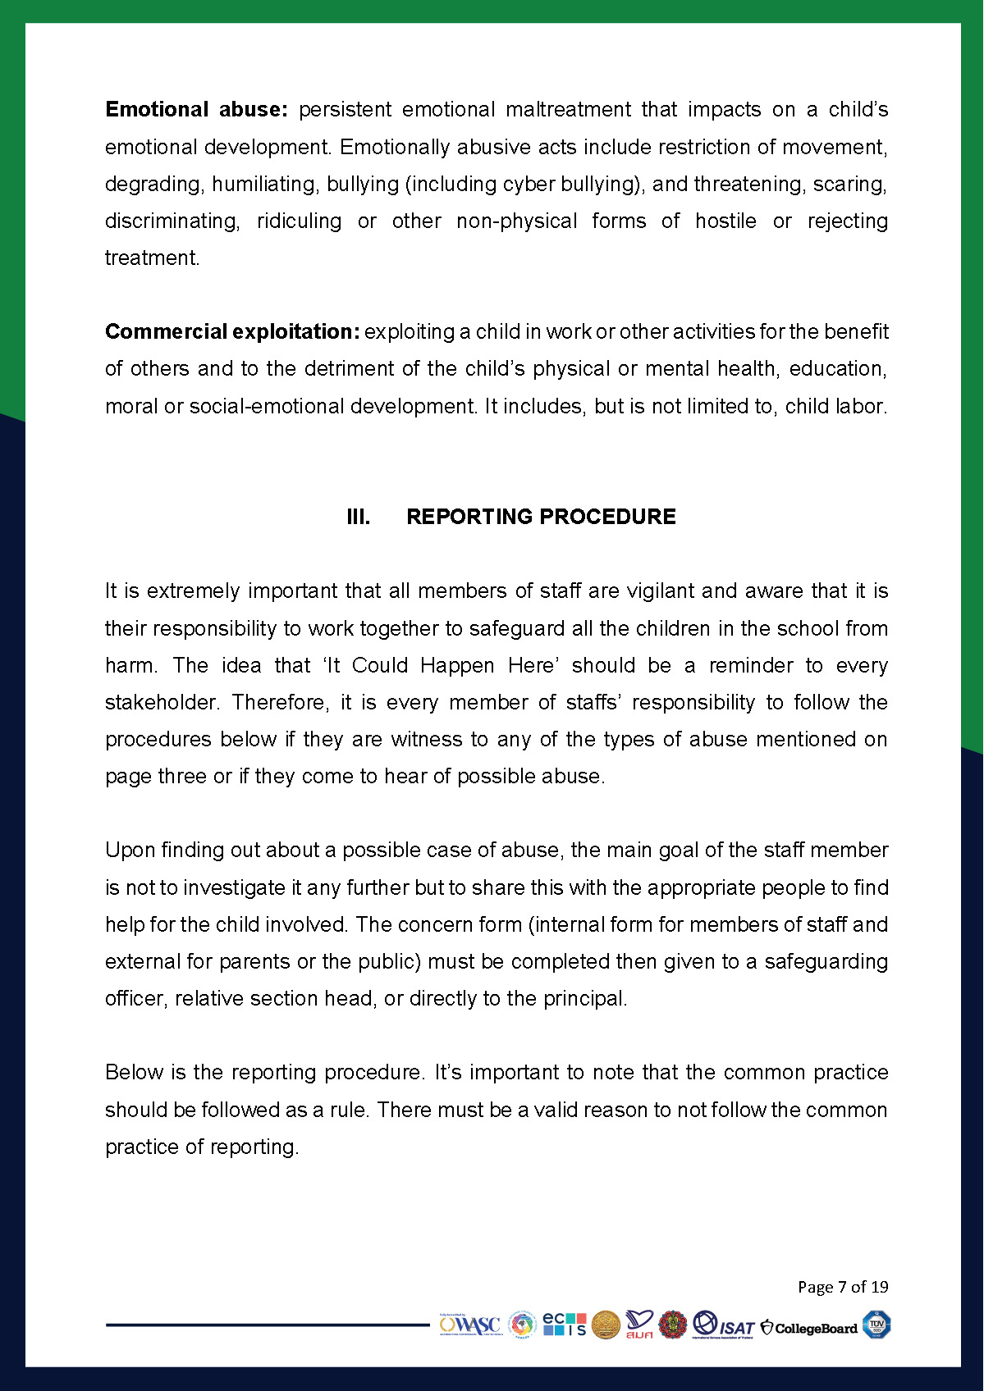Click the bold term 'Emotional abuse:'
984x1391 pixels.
point(196,110)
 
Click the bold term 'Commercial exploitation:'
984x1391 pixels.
point(232,332)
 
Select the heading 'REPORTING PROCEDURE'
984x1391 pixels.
point(541,517)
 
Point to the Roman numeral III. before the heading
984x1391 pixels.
point(358,517)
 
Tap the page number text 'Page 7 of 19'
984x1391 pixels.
point(843,1287)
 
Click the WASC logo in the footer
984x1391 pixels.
point(469,1325)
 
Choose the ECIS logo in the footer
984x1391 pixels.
point(565,1325)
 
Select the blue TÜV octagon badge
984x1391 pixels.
point(876,1325)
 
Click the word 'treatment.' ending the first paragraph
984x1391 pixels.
point(152,258)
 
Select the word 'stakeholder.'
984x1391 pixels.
point(162,703)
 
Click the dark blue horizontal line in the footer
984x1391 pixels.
point(268,1324)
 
